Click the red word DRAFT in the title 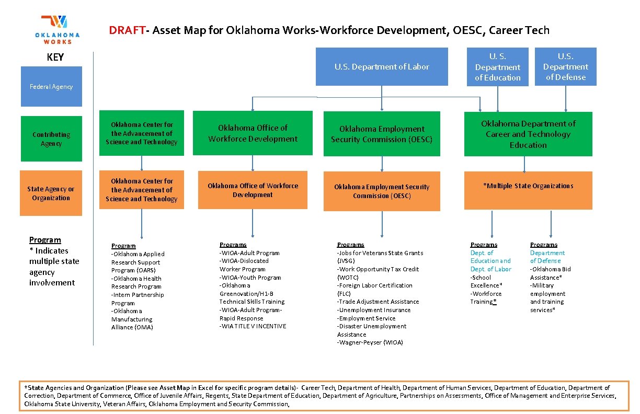coord(127,30)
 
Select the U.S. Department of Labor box coord(382,66)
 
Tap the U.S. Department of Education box coord(498,67)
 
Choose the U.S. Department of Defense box coord(565,66)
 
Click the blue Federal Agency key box coord(51,86)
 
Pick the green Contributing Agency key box coord(51,139)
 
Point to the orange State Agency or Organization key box coord(51,193)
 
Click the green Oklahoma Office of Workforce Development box coord(253,133)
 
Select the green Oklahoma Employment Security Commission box coord(382,134)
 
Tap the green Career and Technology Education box coord(528,134)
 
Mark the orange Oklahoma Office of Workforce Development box coord(253,190)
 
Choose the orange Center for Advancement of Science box coord(142,190)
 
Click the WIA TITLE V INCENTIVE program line coord(253,326)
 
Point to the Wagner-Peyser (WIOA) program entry coord(370,342)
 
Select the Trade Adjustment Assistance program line coord(378,302)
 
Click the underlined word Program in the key coord(45,240)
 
